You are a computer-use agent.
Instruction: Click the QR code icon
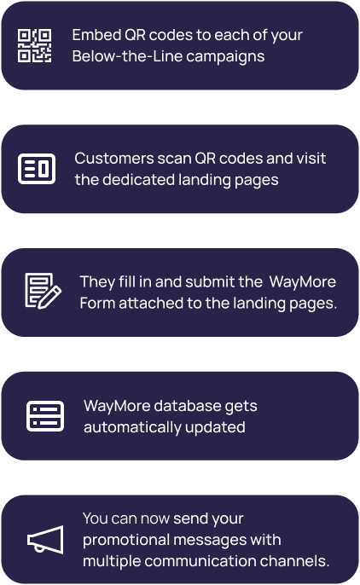click(x=35, y=45)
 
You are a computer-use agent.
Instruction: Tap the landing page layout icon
click(x=37, y=169)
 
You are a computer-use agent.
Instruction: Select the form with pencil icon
click(x=43, y=291)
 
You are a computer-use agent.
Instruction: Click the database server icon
click(x=45, y=416)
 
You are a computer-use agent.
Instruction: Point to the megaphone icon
click(x=45, y=540)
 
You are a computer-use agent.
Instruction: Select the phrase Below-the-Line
click(x=127, y=56)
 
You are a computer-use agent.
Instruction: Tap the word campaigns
click(x=225, y=57)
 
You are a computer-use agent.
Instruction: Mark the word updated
click(x=215, y=428)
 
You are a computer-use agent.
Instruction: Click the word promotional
click(x=126, y=541)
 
